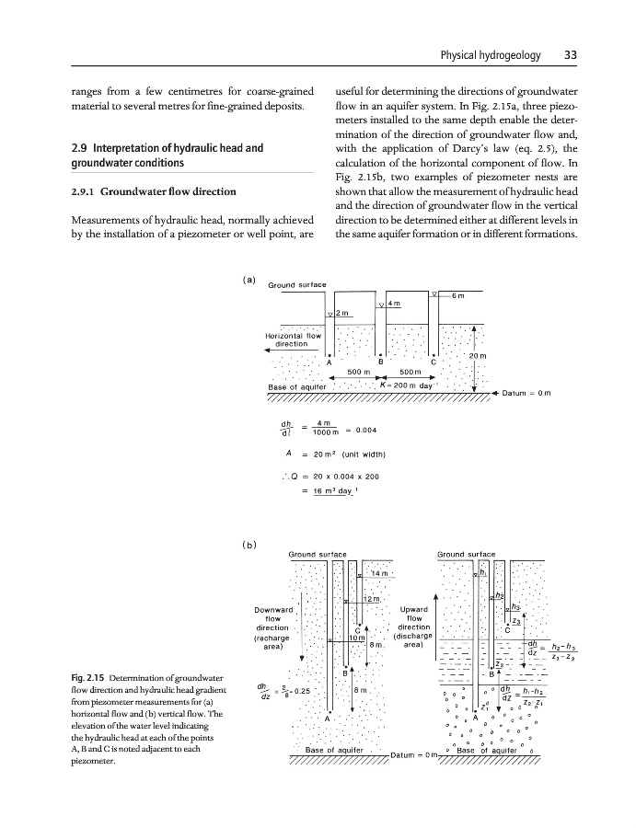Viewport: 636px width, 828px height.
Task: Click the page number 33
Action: (x=570, y=55)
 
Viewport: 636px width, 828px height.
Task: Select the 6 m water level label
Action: (x=459, y=294)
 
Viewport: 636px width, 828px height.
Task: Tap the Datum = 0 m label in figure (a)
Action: (x=526, y=394)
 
